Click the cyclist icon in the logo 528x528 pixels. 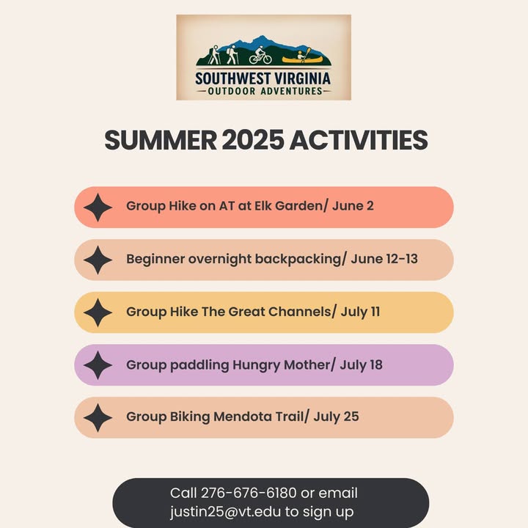[260, 56]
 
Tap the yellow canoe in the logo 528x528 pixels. [302, 60]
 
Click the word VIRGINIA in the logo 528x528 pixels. [302, 78]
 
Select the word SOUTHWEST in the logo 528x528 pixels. [232, 78]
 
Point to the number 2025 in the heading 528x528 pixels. [253, 140]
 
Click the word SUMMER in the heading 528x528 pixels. [161, 140]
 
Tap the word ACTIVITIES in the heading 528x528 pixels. [359, 140]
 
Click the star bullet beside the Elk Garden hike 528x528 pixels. [98, 208]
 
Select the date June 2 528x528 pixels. [353, 206]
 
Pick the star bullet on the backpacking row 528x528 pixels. [98, 260]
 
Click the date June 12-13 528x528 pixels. [384, 259]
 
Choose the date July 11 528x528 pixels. [360, 312]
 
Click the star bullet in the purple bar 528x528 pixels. [98, 365]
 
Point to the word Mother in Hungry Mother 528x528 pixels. [307, 364]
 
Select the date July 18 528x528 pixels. [361, 365]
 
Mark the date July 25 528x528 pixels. [336, 417]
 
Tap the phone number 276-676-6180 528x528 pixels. [249, 493]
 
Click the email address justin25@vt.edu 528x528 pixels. [225, 512]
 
